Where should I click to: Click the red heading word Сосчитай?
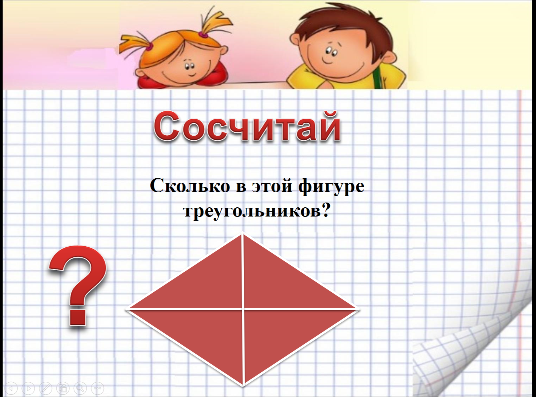247,126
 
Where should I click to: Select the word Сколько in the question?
190,186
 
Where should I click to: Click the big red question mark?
78,286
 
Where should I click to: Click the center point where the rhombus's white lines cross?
243,309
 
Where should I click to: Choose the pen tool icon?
46,388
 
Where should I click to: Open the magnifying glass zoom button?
80,388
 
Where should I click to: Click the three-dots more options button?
98,388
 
